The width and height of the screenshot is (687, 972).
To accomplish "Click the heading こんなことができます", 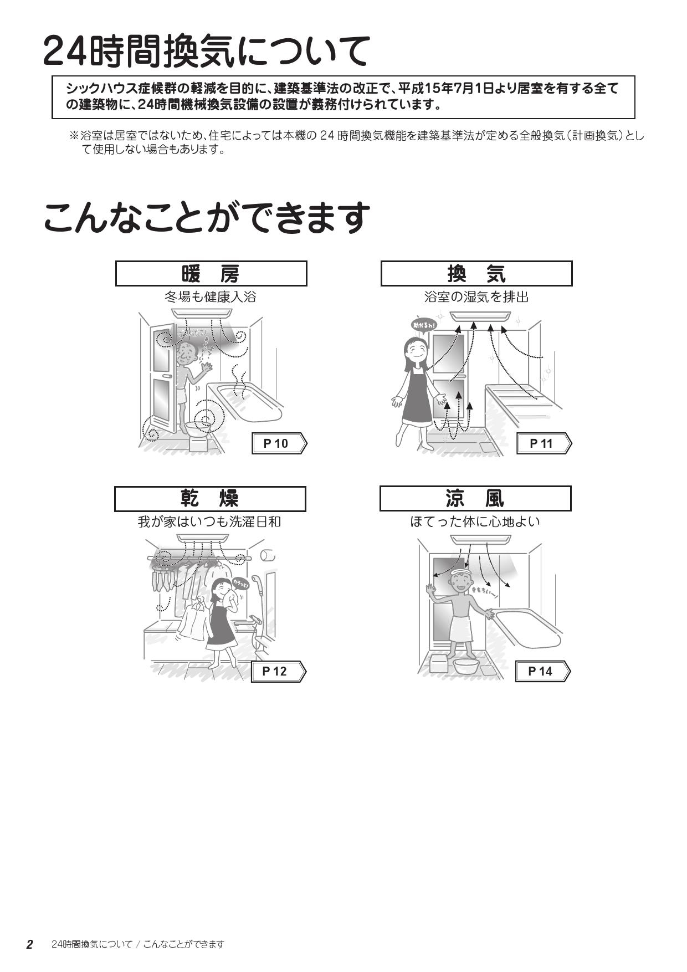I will click(206, 217).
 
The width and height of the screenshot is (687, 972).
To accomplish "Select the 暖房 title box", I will click(211, 274).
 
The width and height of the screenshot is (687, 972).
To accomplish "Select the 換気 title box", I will click(476, 274).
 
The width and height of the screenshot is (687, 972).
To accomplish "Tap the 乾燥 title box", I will click(209, 499).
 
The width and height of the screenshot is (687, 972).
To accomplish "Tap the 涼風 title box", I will click(475, 499).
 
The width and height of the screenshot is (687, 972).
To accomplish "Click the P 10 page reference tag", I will click(279, 443).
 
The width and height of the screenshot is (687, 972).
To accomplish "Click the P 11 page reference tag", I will click(544, 443).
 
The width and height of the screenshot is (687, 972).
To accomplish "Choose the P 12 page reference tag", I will click(278, 672).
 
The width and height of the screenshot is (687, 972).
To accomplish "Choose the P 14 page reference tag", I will click(542, 672).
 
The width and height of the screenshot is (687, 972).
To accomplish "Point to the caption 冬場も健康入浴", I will click(211, 297).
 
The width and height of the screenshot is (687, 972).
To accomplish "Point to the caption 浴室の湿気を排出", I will click(476, 297).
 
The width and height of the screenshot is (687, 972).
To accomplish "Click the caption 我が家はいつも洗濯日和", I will click(209, 522).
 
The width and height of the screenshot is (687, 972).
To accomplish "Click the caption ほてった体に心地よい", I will click(475, 522).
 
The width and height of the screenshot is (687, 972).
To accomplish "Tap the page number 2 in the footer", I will click(30, 944).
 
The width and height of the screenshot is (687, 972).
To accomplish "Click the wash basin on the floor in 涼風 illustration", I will click(465, 664).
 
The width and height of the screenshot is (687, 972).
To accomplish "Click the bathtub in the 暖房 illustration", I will click(249, 402).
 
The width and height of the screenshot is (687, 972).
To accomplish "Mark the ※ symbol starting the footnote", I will click(74, 136).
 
